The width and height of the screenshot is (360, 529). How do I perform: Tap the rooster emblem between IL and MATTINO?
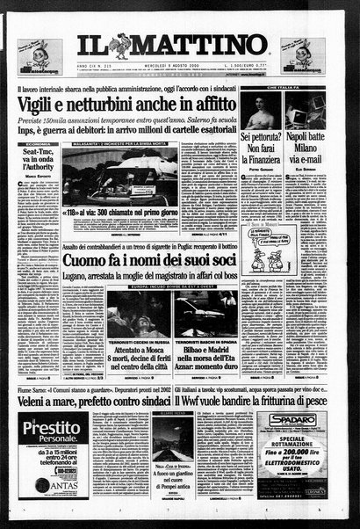[x=116, y=45]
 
